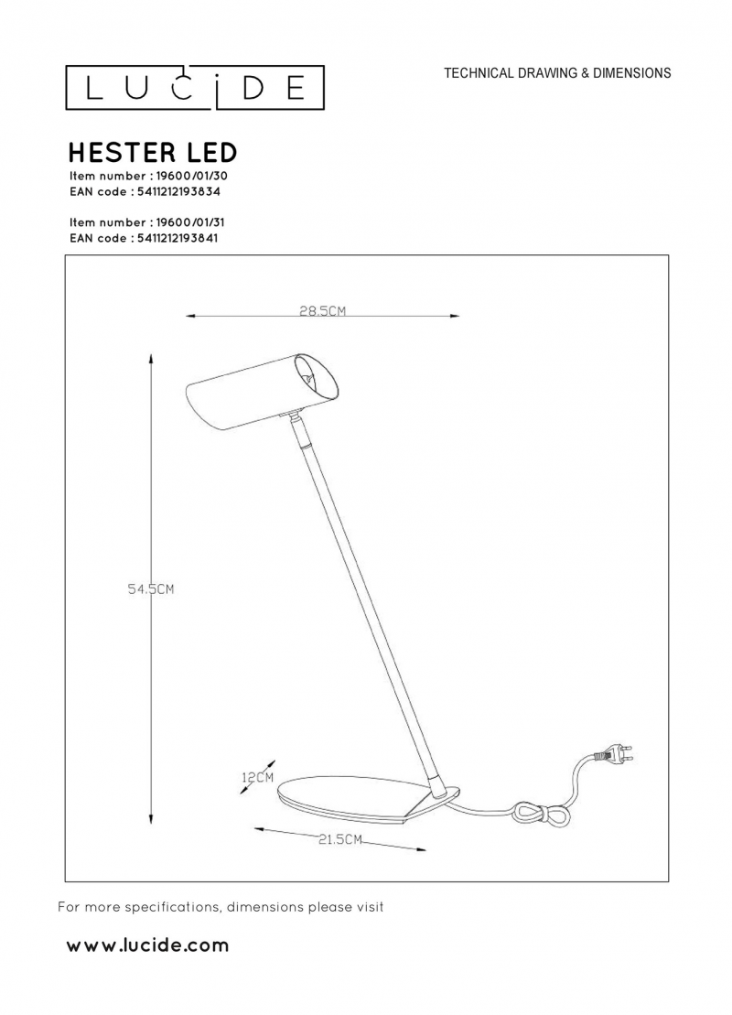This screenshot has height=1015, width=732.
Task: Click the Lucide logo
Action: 195,87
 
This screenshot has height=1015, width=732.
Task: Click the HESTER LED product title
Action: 153,153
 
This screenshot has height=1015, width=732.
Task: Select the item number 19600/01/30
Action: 188,176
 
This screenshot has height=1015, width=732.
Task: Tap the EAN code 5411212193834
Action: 179,192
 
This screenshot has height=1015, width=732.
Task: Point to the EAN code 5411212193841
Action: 178,238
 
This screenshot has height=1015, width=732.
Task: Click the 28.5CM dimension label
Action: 322,310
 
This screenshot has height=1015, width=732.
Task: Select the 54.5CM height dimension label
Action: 151,589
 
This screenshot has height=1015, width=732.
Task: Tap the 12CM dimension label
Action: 258,777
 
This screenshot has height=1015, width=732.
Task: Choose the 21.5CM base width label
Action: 339,839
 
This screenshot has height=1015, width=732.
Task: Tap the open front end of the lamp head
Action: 317,380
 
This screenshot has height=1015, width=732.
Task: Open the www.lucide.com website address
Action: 147,945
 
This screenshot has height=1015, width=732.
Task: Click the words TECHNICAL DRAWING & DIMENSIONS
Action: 557,73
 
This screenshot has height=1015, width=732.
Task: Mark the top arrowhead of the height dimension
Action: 151,359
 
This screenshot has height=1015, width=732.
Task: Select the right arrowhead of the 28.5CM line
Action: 454,316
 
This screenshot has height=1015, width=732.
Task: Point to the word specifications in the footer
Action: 171,908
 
